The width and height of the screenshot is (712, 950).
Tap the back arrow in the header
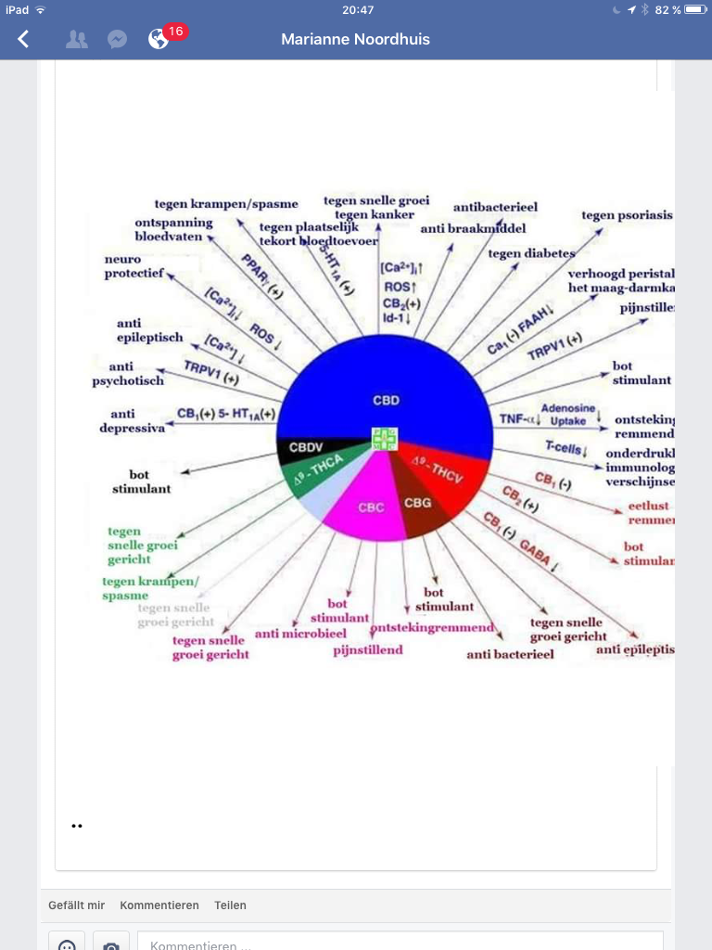click(x=23, y=39)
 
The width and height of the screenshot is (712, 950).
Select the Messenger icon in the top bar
click(x=117, y=39)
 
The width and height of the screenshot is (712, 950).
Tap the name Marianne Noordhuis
click(x=356, y=39)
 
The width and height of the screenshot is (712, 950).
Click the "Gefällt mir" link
click(x=76, y=905)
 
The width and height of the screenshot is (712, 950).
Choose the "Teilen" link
click(x=230, y=905)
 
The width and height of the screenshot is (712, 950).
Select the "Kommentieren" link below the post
click(x=159, y=905)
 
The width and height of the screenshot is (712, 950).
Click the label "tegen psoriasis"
click(x=626, y=216)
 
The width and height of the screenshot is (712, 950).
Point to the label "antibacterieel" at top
click(x=495, y=207)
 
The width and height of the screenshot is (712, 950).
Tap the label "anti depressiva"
click(x=133, y=421)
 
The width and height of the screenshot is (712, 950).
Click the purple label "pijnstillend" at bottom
click(x=368, y=649)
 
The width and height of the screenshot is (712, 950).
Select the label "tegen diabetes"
click(x=531, y=253)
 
